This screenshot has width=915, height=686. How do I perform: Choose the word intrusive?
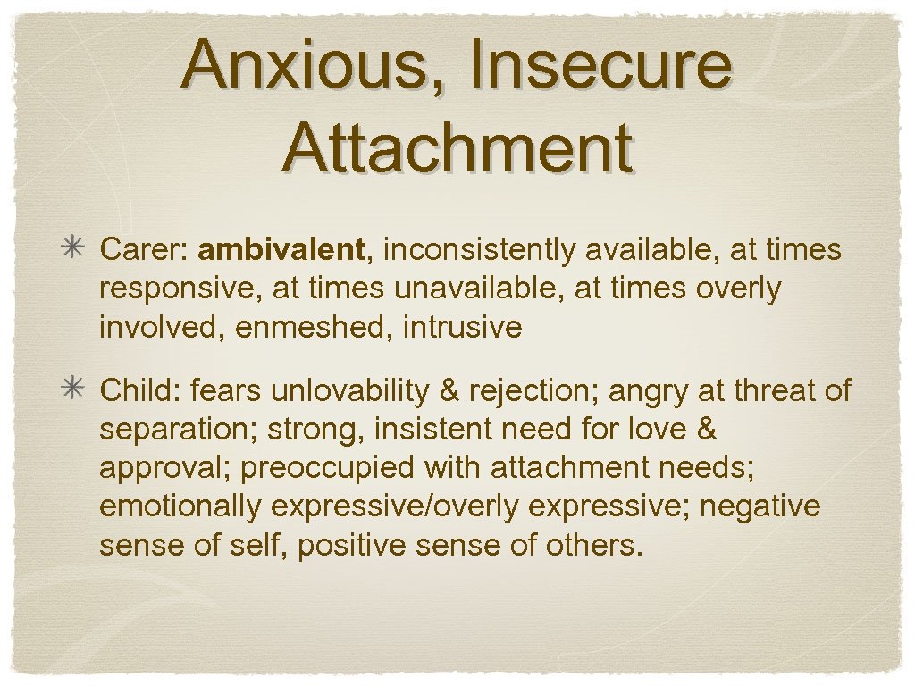tap(462, 328)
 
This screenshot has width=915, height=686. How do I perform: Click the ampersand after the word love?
tap(706, 429)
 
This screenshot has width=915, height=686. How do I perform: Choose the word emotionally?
tap(180, 506)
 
